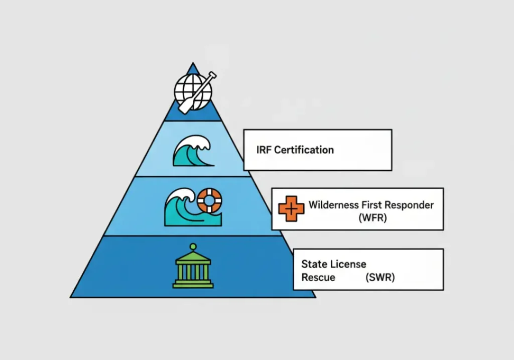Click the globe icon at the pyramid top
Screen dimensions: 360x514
190,91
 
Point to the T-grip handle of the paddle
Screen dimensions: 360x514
213,76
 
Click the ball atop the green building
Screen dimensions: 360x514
192,247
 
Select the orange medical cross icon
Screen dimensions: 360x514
291,208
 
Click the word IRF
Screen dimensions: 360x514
265,150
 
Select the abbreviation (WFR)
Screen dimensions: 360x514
372,218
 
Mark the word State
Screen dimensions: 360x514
314,264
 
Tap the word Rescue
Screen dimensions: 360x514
318,277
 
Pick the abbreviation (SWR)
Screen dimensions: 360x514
380,277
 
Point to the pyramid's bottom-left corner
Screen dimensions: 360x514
71,297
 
